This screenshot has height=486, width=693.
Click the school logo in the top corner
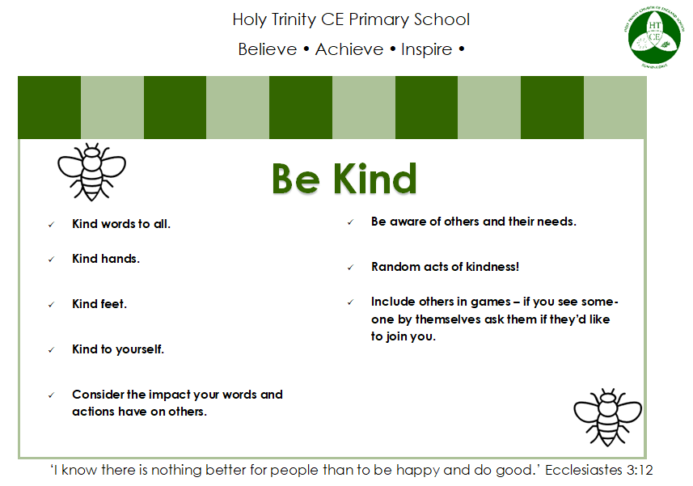[x=654, y=37]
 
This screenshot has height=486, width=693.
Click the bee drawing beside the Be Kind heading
[x=91, y=172]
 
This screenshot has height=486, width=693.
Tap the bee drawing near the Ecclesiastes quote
[x=608, y=417]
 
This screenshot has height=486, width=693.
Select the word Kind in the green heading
[x=374, y=179]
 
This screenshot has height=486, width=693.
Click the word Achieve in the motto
[x=349, y=49]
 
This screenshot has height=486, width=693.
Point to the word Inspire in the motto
[x=426, y=50]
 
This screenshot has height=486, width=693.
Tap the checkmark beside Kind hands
[x=51, y=260]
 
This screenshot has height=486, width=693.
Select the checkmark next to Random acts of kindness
[x=350, y=268]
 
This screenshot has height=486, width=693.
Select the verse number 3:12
[x=640, y=470]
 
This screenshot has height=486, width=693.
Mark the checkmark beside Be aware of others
[x=350, y=222]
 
